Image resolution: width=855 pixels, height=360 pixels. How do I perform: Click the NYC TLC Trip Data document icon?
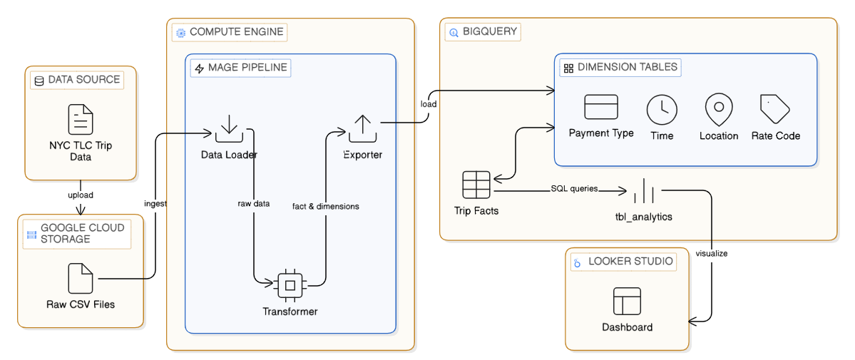pyautogui.click(x=81, y=119)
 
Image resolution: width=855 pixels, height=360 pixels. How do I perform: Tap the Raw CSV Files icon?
pyautogui.click(x=81, y=278)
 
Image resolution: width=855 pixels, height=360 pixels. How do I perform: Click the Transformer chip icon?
pyautogui.click(x=290, y=285)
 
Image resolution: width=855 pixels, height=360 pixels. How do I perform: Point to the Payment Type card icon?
pyautogui.click(x=601, y=107)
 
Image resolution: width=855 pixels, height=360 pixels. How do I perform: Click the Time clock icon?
pyautogui.click(x=662, y=110)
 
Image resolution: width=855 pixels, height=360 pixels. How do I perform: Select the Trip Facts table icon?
pyautogui.click(x=476, y=185)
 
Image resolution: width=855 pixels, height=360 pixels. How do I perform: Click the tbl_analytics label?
pyautogui.click(x=644, y=217)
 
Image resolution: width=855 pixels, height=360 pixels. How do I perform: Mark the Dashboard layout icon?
pyautogui.click(x=627, y=301)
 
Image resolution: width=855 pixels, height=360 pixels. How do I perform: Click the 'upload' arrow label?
pyautogui.click(x=81, y=195)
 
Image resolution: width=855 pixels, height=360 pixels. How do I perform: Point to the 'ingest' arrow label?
pyautogui.click(x=155, y=203)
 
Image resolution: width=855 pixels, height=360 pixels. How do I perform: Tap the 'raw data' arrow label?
pyautogui.click(x=253, y=203)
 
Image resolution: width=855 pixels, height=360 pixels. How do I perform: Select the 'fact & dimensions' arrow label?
pyautogui.click(x=326, y=206)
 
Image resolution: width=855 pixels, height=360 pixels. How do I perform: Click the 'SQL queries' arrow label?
pyautogui.click(x=573, y=189)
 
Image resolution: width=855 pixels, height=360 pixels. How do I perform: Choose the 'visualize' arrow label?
pyautogui.click(x=711, y=252)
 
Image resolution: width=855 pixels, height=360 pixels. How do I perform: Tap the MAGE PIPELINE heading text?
pyautogui.click(x=247, y=68)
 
